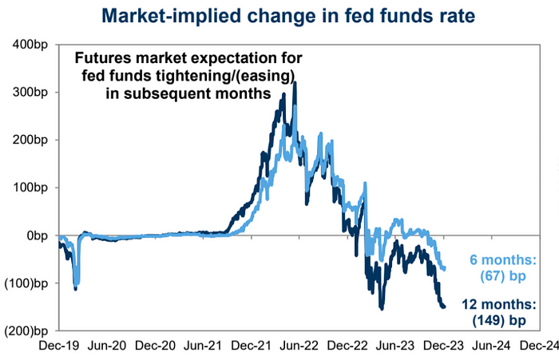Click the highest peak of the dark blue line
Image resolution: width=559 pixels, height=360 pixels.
[x=295, y=81]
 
